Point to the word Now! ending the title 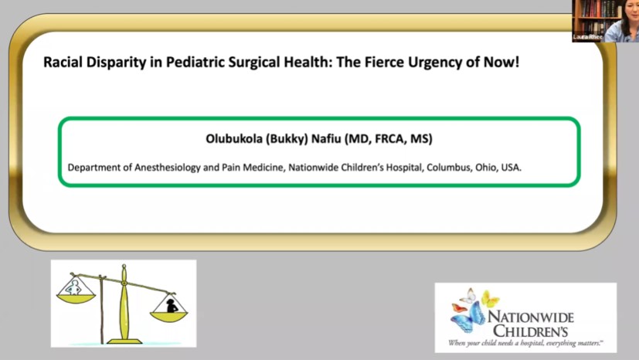pos(501,61)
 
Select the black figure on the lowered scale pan pos(170,305)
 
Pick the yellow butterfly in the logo pos(488,297)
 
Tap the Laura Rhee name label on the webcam pos(588,36)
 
